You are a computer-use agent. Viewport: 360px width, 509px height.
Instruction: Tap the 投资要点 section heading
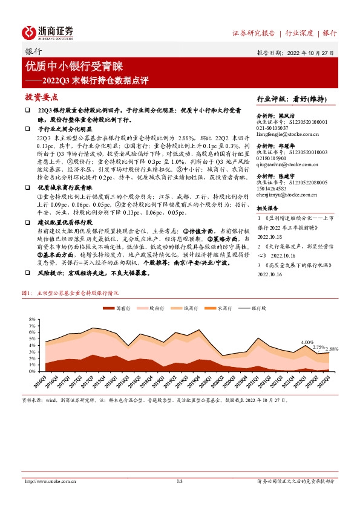tap(41, 97)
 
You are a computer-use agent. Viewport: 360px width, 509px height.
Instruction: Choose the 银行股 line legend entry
tap(252, 308)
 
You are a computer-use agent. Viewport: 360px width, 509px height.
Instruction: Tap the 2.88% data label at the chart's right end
tap(332, 349)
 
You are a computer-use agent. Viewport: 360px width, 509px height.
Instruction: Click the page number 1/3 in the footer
tap(180, 481)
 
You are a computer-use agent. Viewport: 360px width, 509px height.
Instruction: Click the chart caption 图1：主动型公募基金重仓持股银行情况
tap(70, 293)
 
